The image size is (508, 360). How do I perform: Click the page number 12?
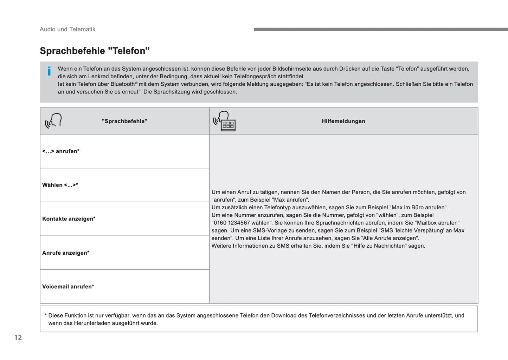pos(18,338)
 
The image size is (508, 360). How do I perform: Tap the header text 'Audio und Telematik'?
pos(67,30)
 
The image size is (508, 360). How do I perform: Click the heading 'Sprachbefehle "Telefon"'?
pos(95,51)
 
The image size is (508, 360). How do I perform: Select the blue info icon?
pos(49,71)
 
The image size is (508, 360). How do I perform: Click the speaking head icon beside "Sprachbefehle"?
pos(53,121)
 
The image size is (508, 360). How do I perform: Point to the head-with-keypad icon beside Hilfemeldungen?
pos(225,121)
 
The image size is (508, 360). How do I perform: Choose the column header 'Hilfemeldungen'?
pos(343,121)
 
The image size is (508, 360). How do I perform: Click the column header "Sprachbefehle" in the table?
pos(124,121)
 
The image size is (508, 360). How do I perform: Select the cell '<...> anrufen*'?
pos(61,151)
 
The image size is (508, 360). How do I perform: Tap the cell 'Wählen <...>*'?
pos(60,185)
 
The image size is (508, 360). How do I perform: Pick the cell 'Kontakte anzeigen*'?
pos(69,219)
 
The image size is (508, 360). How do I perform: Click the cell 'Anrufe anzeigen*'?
pos(66,253)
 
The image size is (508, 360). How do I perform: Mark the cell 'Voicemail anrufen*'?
pos(68,287)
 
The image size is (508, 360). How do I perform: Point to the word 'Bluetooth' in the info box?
pos(123,84)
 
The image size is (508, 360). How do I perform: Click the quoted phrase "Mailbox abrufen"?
pos(437,223)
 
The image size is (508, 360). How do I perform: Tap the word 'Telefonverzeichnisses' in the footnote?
pos(337,315)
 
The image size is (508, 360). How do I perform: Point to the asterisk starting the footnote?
pos(46,315)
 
